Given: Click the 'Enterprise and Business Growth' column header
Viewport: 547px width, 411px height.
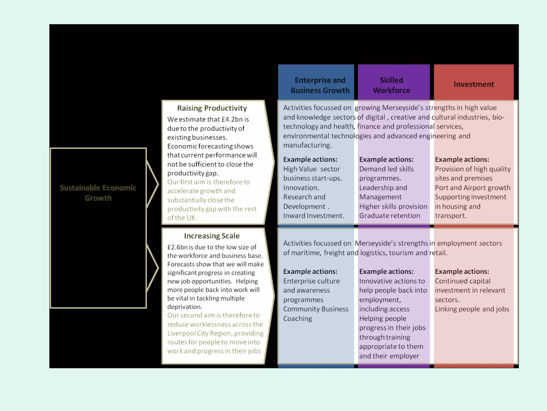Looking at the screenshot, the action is pyautogui.click(x=320, y=85).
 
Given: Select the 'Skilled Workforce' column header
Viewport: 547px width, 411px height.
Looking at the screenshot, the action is pyautogui.click(x=391, y=85).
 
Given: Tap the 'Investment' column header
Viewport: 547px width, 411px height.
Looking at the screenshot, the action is pyautogui.click(x=474, y=84).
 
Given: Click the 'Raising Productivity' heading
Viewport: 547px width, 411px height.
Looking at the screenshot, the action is pyautogui.click(x=212, y=108).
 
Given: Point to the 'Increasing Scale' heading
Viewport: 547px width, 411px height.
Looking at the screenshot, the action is pyautogui.click(x=212, y=236).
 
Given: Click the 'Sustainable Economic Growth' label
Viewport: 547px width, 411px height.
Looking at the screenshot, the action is pyautogui.click(x=98, y=193).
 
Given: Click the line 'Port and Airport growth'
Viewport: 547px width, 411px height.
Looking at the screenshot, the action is pyautogui.click(x=472, y=188).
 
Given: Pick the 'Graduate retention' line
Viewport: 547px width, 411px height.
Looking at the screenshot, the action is pyautogui.click(x=389, y=216).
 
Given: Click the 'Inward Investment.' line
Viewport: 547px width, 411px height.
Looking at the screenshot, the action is pyautogui.click(x=314, y=216).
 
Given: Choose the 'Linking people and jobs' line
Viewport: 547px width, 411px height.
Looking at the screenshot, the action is pyautogui.click(x=472, y=309).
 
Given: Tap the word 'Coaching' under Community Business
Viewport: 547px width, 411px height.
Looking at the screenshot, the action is pyautogui.click(x=298, y=318).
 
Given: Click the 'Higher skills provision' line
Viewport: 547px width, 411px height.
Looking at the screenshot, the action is pyautogui.click(x=393, y=206).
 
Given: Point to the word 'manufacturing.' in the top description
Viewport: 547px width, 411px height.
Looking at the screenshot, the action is pyautogui.click(x=307, y=145).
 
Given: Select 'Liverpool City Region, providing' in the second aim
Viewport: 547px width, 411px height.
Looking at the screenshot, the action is pyautogui.click(x=215, y=333).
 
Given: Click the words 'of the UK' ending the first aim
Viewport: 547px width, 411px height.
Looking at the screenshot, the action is pyautogui.click(x=181, y=218).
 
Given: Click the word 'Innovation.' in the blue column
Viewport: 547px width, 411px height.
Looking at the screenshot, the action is pyautogui.click(x=301, y=188).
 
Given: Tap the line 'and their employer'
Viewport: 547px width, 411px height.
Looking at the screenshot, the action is pyautogui.click(x=389, y=356).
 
